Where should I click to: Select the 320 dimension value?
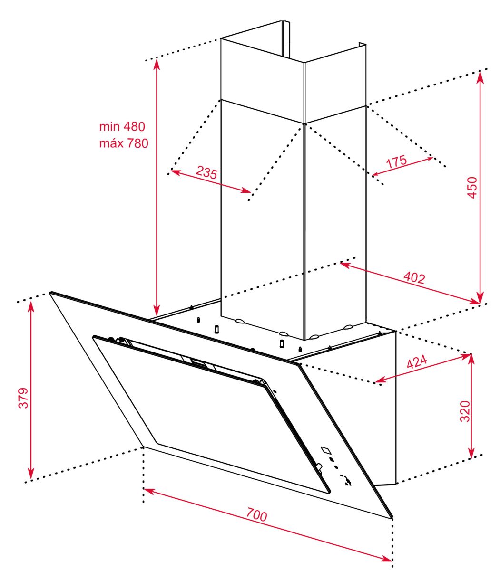[465, 411]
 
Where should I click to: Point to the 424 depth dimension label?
[417, 361]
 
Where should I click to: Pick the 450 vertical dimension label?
[472, 188]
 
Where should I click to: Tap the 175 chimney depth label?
[396, 161]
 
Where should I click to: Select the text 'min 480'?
[122, 126]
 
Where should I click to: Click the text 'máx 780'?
[124, 143]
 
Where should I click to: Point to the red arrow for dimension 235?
[211, 181]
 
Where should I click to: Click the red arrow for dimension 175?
[402, 167]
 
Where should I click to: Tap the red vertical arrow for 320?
[471, 406]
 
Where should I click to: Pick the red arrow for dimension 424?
[422, 368]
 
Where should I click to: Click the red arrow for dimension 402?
[410, 283]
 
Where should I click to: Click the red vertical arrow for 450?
[480, 187]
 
